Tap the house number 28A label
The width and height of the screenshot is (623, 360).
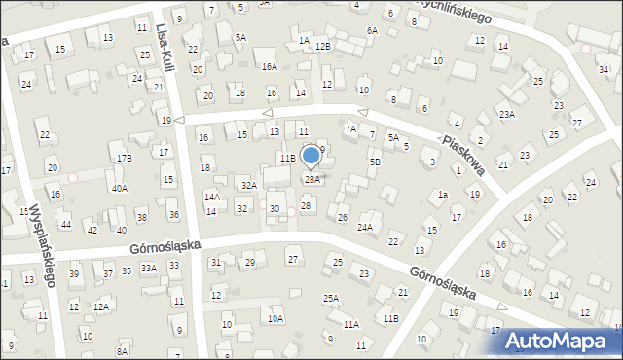312,179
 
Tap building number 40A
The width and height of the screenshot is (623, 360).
119,188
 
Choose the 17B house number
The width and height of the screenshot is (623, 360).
124,158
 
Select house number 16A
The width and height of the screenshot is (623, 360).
269,66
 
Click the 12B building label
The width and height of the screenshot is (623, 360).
323,46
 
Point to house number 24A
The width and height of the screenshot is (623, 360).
365,227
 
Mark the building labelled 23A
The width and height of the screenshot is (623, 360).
507,114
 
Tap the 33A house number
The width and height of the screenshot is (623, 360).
148,267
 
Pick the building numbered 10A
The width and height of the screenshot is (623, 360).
275,318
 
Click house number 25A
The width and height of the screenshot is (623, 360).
331,298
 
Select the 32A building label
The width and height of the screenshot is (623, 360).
248,185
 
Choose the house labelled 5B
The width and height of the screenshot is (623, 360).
375,162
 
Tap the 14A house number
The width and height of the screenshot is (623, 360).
211,197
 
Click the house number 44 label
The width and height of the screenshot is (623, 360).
65,225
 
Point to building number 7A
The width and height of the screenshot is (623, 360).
350,128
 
